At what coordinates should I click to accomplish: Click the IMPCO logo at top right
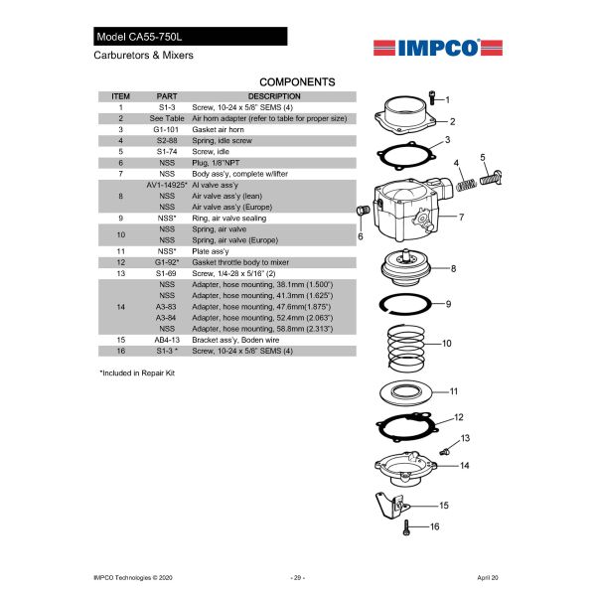[x=427, y=47]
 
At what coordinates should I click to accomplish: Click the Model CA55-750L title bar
[x=190, y=37]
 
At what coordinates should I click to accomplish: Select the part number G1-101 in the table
[x=167, y=129]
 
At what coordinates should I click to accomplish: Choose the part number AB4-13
[x=167, y=339]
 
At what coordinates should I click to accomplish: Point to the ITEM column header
[x=120, y=96]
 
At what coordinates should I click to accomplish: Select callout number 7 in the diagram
[x=461, y=216]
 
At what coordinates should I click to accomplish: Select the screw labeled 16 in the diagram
[x=407, y=528]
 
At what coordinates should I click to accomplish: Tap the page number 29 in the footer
[x=297, y=576]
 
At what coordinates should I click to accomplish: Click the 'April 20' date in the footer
[x=488, y=576]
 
